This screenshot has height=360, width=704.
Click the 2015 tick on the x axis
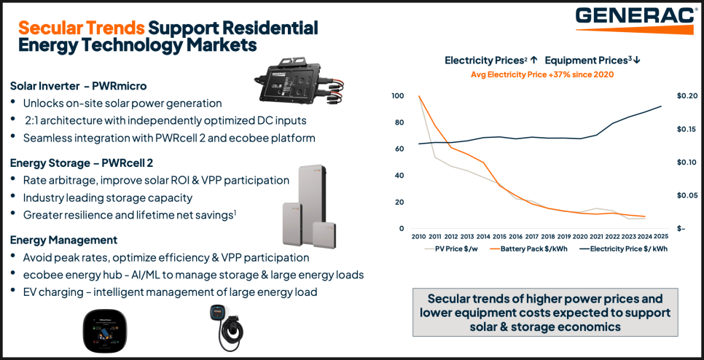(x=499, y=237)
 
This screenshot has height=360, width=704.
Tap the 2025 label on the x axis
(x=661, y=237)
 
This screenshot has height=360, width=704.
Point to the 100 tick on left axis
(x=396, y=96)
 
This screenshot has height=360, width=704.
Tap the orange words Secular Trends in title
(x=80, y=28)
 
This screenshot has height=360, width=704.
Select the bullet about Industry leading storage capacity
(x=107, y=197)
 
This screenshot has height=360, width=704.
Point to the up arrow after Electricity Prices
(x=533, y=60)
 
